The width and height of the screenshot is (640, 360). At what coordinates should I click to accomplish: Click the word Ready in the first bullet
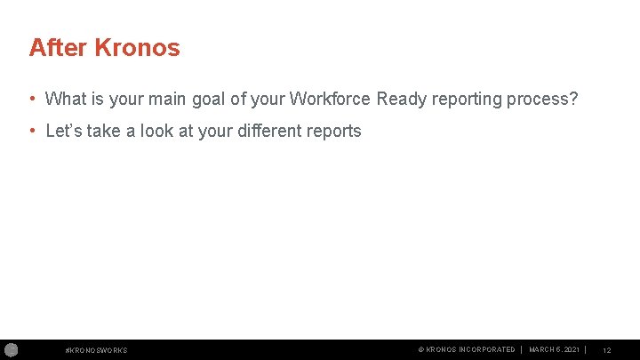click(402, 99)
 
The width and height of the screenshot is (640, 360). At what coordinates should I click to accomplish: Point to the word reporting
click(467, 99)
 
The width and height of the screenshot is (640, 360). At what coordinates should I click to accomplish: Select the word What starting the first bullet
click(65, 99)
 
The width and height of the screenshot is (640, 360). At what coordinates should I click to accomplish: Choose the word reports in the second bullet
click(333, 132)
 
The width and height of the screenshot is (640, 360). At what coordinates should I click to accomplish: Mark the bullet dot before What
click(32, 99)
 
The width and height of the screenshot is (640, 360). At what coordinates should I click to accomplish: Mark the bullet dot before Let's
click(32, 132)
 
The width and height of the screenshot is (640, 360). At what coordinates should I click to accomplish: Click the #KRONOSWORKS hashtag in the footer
click(97, 350)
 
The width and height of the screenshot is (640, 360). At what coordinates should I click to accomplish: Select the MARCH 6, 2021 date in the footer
click(554, 350)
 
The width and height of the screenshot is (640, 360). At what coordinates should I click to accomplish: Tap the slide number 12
click(606, 350)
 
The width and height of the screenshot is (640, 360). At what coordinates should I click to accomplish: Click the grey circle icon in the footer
click(10, 349)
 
